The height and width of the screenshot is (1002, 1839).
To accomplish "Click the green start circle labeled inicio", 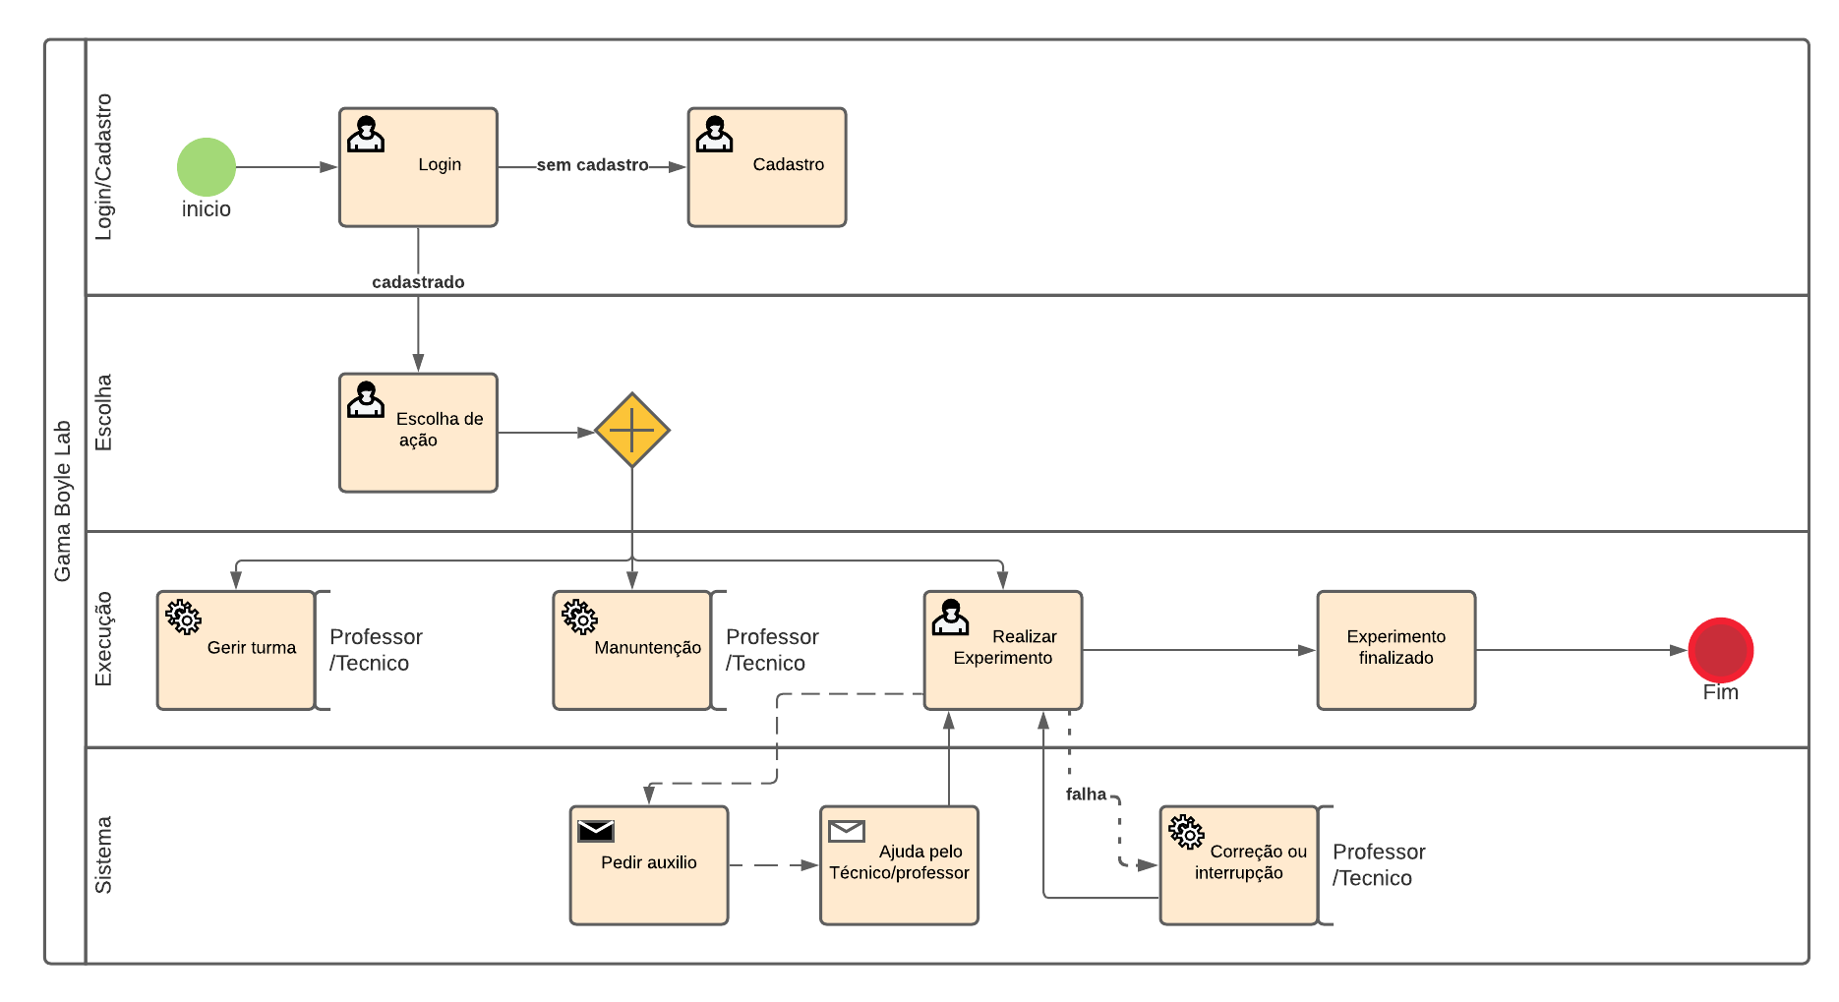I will [207, 167].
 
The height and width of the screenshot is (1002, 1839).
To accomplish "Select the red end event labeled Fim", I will [1720, 650].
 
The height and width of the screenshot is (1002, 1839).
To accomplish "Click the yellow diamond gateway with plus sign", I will [631, 431].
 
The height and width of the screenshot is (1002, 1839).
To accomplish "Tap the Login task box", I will [418, 167].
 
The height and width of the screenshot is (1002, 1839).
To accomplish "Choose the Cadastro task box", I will [766, 167].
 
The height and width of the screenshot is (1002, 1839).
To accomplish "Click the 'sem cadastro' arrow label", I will [592, 165].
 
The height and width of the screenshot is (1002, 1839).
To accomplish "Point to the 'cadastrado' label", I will [418, 282].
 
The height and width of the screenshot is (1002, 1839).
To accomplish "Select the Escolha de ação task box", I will [418, 433].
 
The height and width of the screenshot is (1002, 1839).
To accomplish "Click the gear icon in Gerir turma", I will [184, 618].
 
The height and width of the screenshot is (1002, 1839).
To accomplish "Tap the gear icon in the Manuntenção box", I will [580, 618].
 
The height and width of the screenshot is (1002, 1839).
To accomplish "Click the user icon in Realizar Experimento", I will [950, 618].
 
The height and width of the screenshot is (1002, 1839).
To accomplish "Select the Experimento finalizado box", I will [1395, 649].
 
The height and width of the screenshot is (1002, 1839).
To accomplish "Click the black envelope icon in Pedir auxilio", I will [596, 831].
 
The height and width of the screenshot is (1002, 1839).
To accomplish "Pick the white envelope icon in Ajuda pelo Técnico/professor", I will [846, 831].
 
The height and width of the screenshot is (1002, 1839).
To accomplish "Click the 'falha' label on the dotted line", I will [1086, 795].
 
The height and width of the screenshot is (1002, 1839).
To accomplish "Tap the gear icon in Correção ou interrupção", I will [1187, 832].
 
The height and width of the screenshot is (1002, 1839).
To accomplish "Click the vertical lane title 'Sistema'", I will [103, 855].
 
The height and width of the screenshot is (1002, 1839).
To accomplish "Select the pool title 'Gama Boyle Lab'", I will [63, 501].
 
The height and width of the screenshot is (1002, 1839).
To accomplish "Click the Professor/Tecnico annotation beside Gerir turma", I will [376, 650].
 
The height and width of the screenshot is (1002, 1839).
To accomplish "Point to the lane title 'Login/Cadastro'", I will [103, 167].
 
